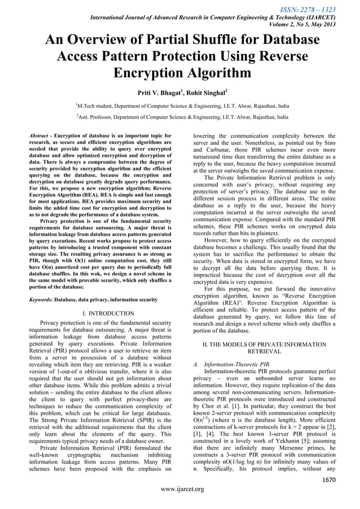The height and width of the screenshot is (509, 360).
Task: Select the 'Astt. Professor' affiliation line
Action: [x=182, y=117]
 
